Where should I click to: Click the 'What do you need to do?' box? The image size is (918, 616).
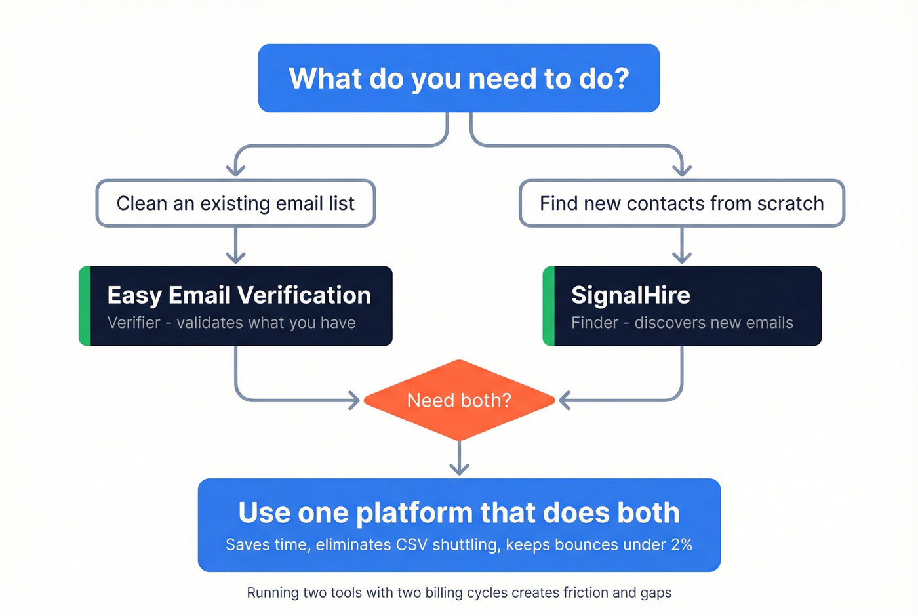[458, 78]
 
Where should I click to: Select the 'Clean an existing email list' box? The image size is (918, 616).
[235, 203]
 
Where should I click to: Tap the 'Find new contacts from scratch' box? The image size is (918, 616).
[681, 203]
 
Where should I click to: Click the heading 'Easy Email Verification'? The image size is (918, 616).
[239, 295]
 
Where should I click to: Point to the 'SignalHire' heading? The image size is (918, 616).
[630, 295]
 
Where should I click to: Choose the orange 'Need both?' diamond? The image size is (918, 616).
[459, 400]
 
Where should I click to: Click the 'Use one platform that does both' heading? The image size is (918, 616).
[459, 512]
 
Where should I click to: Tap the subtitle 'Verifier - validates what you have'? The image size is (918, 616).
[231, 323]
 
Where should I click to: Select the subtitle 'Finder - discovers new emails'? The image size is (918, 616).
[682, 323]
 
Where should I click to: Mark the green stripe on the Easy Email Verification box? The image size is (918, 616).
[85, 306]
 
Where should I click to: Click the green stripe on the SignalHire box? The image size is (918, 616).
[549, 306]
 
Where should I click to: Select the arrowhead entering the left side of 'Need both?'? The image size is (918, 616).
[354, 400]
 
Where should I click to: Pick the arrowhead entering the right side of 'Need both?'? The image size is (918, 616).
[565, 400]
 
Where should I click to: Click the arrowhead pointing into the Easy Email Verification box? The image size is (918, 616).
[235, 257]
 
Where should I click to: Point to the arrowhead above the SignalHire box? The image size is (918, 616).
[682, 257]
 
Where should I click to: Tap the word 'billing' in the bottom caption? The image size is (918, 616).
[443, 592]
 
